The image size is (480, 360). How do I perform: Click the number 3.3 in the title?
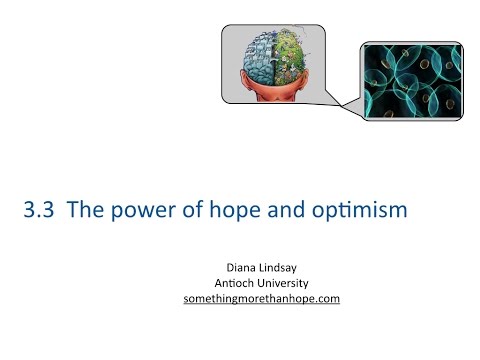pyautogui.click(x=38, y=212)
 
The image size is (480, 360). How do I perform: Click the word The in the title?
pyautogui.click(x=87, y=212)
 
